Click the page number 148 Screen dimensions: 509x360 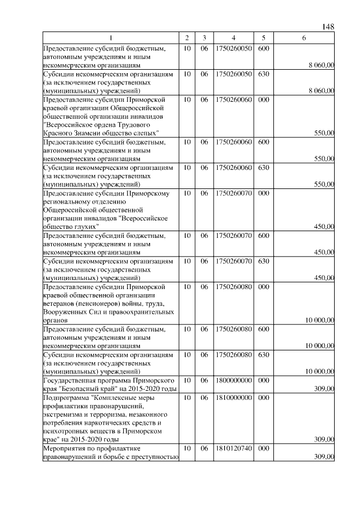(328, 26)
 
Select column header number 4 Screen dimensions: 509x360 (232, 38)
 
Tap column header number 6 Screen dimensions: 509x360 (304, 38)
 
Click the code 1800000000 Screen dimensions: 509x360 (232, 380)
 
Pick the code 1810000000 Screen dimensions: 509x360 (232, 397)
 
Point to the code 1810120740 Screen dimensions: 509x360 (232, 448)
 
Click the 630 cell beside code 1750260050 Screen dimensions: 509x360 (263, 73)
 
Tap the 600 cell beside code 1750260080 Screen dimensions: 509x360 (263, 328)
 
